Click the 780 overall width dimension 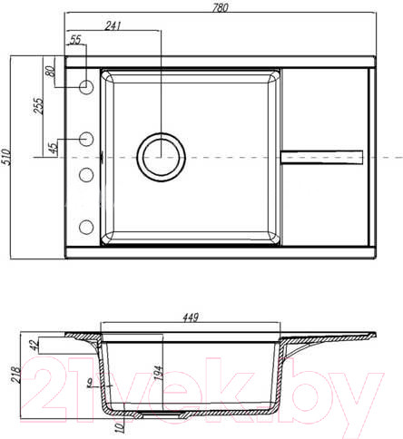pyautogui.click(x=220, y=7)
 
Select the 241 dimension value pyautogui.click(x=113, y=25)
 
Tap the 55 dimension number pyautogui.click(x=75, y=39)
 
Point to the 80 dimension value pyautogui.click(x=50, y=71)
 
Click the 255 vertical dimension pyautogui.click(x=38, y=105)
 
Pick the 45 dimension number pyautogui.click(x=53, y=148)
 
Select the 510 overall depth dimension pyautogui.click(x=5, y=157)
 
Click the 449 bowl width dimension pyautogui.click(x=191, y=317)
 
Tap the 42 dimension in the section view pyautogui.click(x=34, y=345)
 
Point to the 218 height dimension pyautogui.click(x=15, y=376)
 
